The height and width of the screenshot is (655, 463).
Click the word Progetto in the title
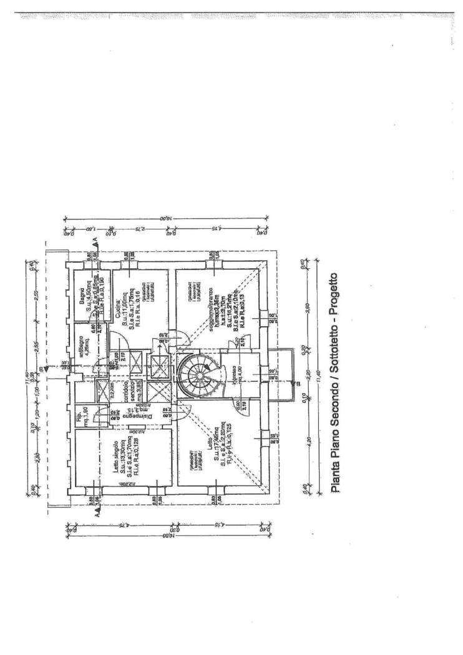(x=335, y=293)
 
